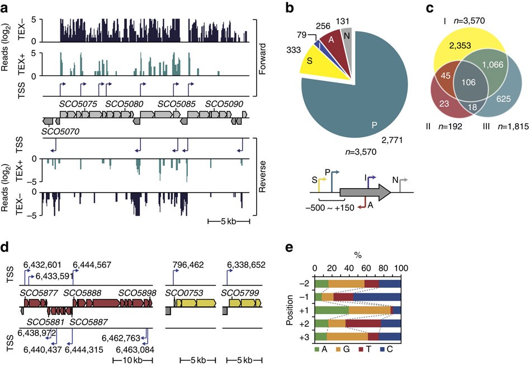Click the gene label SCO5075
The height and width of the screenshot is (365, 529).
78,104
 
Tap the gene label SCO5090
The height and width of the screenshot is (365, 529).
224,104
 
